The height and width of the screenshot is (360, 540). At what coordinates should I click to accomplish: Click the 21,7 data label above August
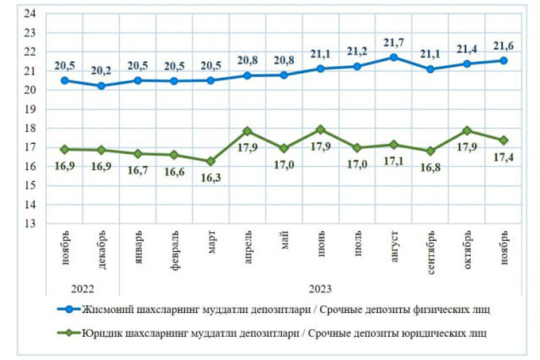(393, 42)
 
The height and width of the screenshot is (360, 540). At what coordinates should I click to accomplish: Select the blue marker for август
(394, 57)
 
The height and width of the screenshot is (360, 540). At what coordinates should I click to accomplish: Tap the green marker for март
(210, 161)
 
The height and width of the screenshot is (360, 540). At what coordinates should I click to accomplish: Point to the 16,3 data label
(210, 178)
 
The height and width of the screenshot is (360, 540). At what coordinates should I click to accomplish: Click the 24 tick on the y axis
(31, 14)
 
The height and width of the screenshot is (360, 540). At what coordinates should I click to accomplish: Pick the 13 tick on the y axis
(31, 223)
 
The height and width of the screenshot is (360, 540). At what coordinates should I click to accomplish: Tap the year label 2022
(83, 288)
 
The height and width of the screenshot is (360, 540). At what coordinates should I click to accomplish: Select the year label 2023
(320, 288)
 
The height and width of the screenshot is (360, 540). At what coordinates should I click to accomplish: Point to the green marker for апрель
(247, 131)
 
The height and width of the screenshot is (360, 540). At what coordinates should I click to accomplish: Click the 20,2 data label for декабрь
(101, 70)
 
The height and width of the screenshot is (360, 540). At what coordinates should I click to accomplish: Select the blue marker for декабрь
(101, 86)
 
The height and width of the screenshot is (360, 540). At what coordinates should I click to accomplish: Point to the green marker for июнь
(320, 130)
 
